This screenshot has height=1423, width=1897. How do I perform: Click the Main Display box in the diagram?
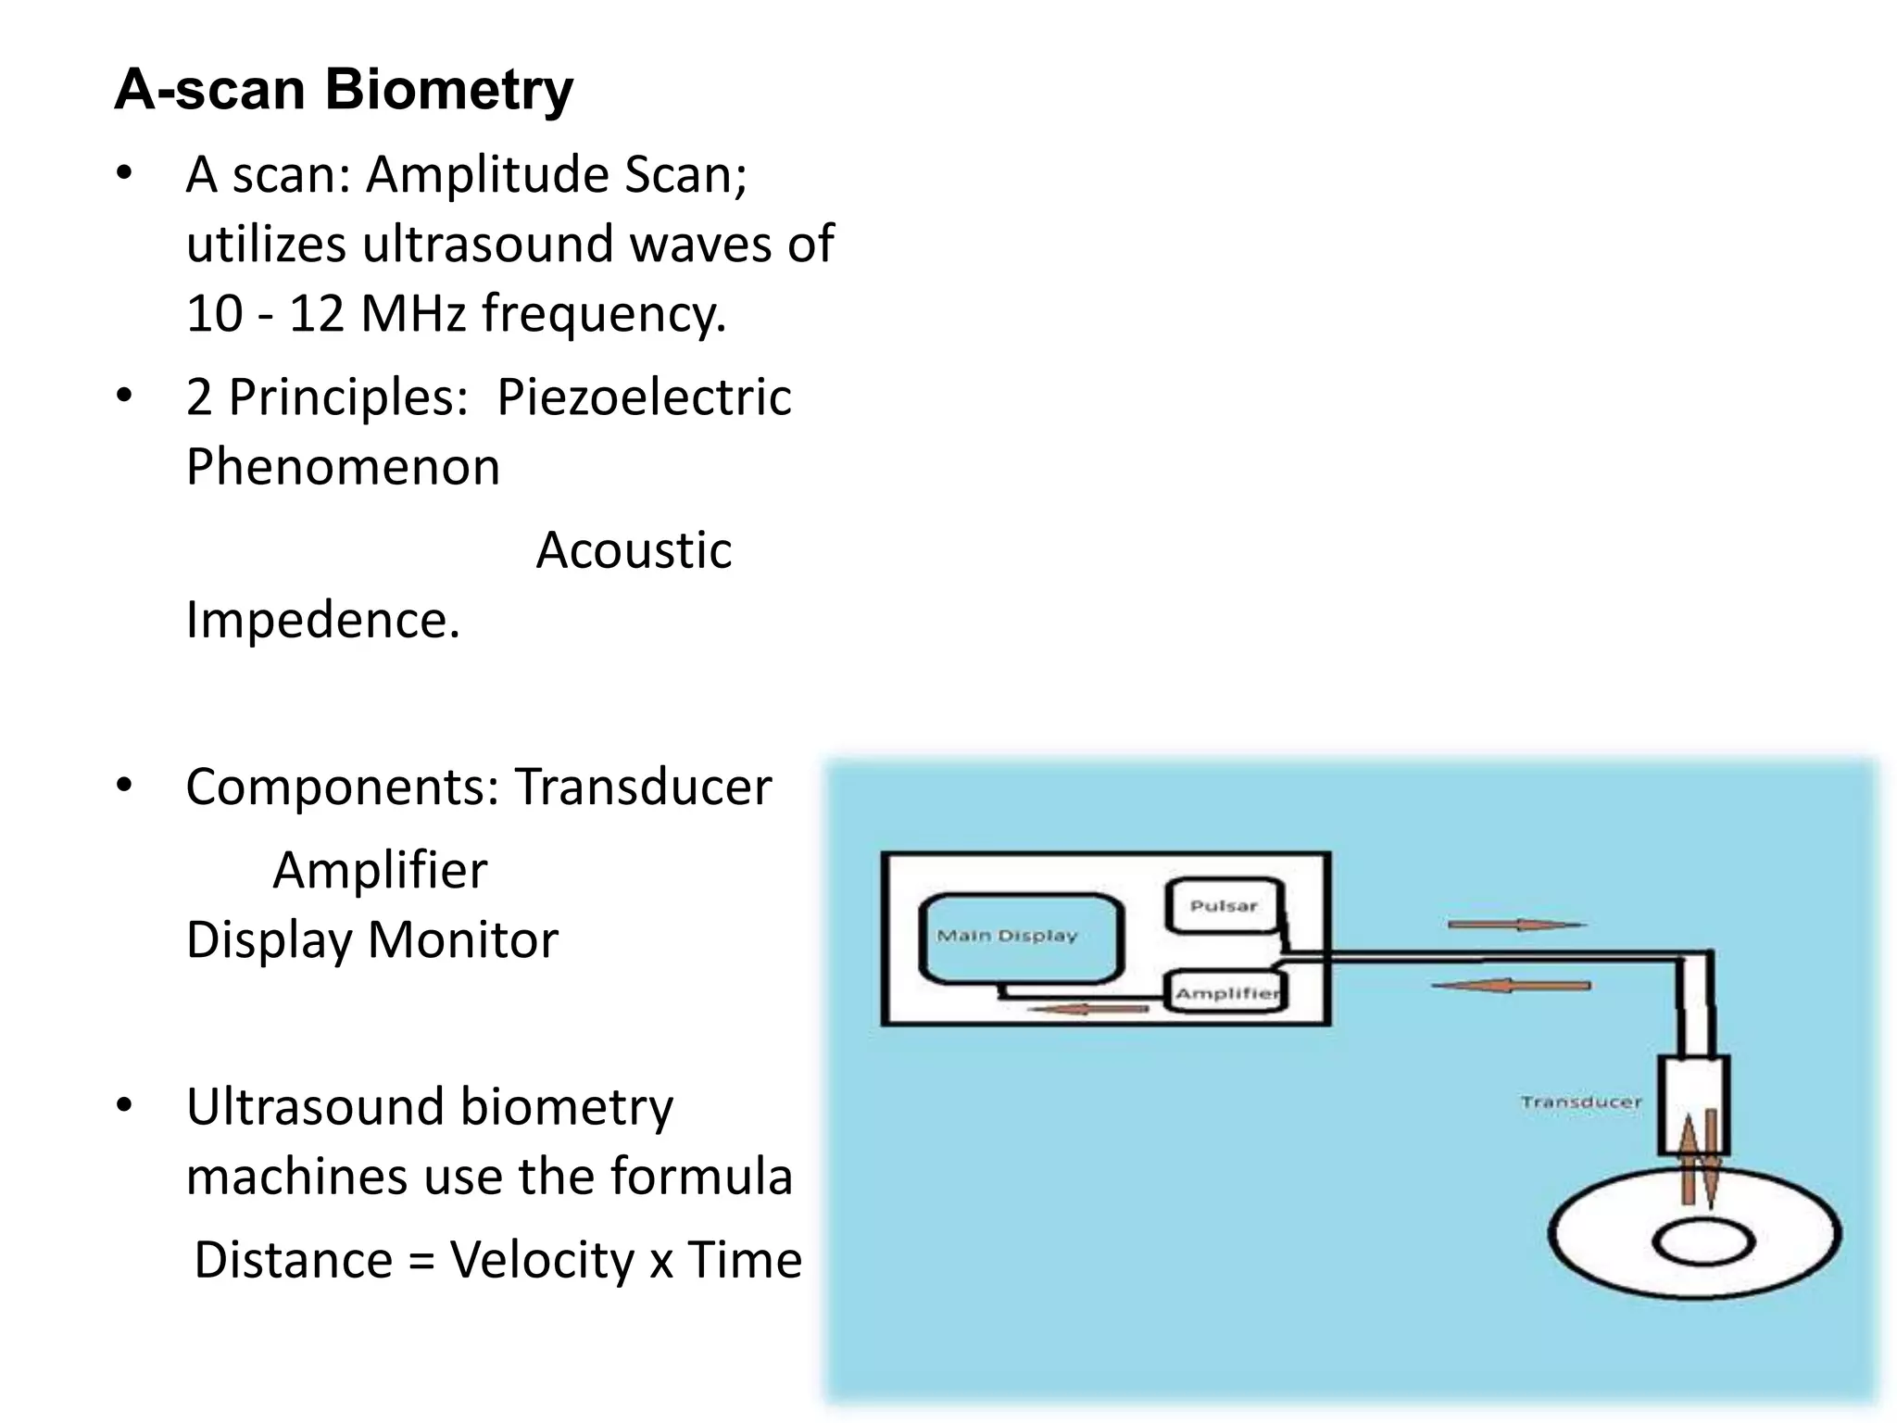coord(1021,938)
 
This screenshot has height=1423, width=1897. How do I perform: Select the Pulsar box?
coord(1223,905)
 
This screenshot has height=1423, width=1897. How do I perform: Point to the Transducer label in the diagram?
coord(1580,1102)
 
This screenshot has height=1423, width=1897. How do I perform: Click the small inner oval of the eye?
coord(1703,1243)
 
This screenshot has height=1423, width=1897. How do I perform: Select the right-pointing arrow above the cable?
coord(1516,925)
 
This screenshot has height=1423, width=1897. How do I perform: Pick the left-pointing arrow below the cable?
coord(1511,986)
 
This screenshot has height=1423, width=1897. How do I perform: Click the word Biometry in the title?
coord(448,90)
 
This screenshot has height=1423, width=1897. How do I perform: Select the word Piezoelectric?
coord(644,397)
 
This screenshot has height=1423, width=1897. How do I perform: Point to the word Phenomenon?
coord(343,467)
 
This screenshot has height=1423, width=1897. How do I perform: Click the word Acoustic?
coord(634,550)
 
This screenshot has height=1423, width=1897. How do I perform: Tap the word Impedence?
coord(322,620)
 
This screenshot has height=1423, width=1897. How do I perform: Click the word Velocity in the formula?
coord(542,1261)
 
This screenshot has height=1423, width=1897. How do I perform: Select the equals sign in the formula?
coord(421,1262)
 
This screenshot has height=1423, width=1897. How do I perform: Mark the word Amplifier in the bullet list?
coord(380,871)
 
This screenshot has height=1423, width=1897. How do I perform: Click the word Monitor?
coord(463,940)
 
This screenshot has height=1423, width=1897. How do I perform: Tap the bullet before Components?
coord(124,787)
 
